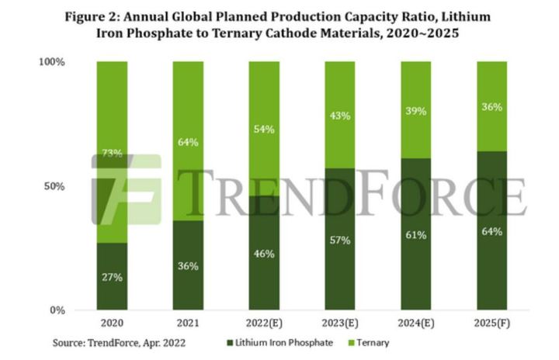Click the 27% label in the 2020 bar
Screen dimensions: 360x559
(x=112, y=277)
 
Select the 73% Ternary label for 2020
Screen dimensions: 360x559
(x=112, y=154)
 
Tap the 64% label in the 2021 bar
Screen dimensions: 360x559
(x=188, y=142)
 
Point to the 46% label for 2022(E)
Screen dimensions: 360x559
(x=264, y=254)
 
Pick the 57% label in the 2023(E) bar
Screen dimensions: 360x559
(x=340, y=241)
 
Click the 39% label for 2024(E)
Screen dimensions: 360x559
(x=416, y=111)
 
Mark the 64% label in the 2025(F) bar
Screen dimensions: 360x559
(x=491, y=231)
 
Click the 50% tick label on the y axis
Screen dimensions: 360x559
(x=54, y=186)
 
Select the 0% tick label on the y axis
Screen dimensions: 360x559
(x=57, y=310)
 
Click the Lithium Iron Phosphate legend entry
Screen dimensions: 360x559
(x=283, y=342)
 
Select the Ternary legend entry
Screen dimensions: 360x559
(x=369, y=342)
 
